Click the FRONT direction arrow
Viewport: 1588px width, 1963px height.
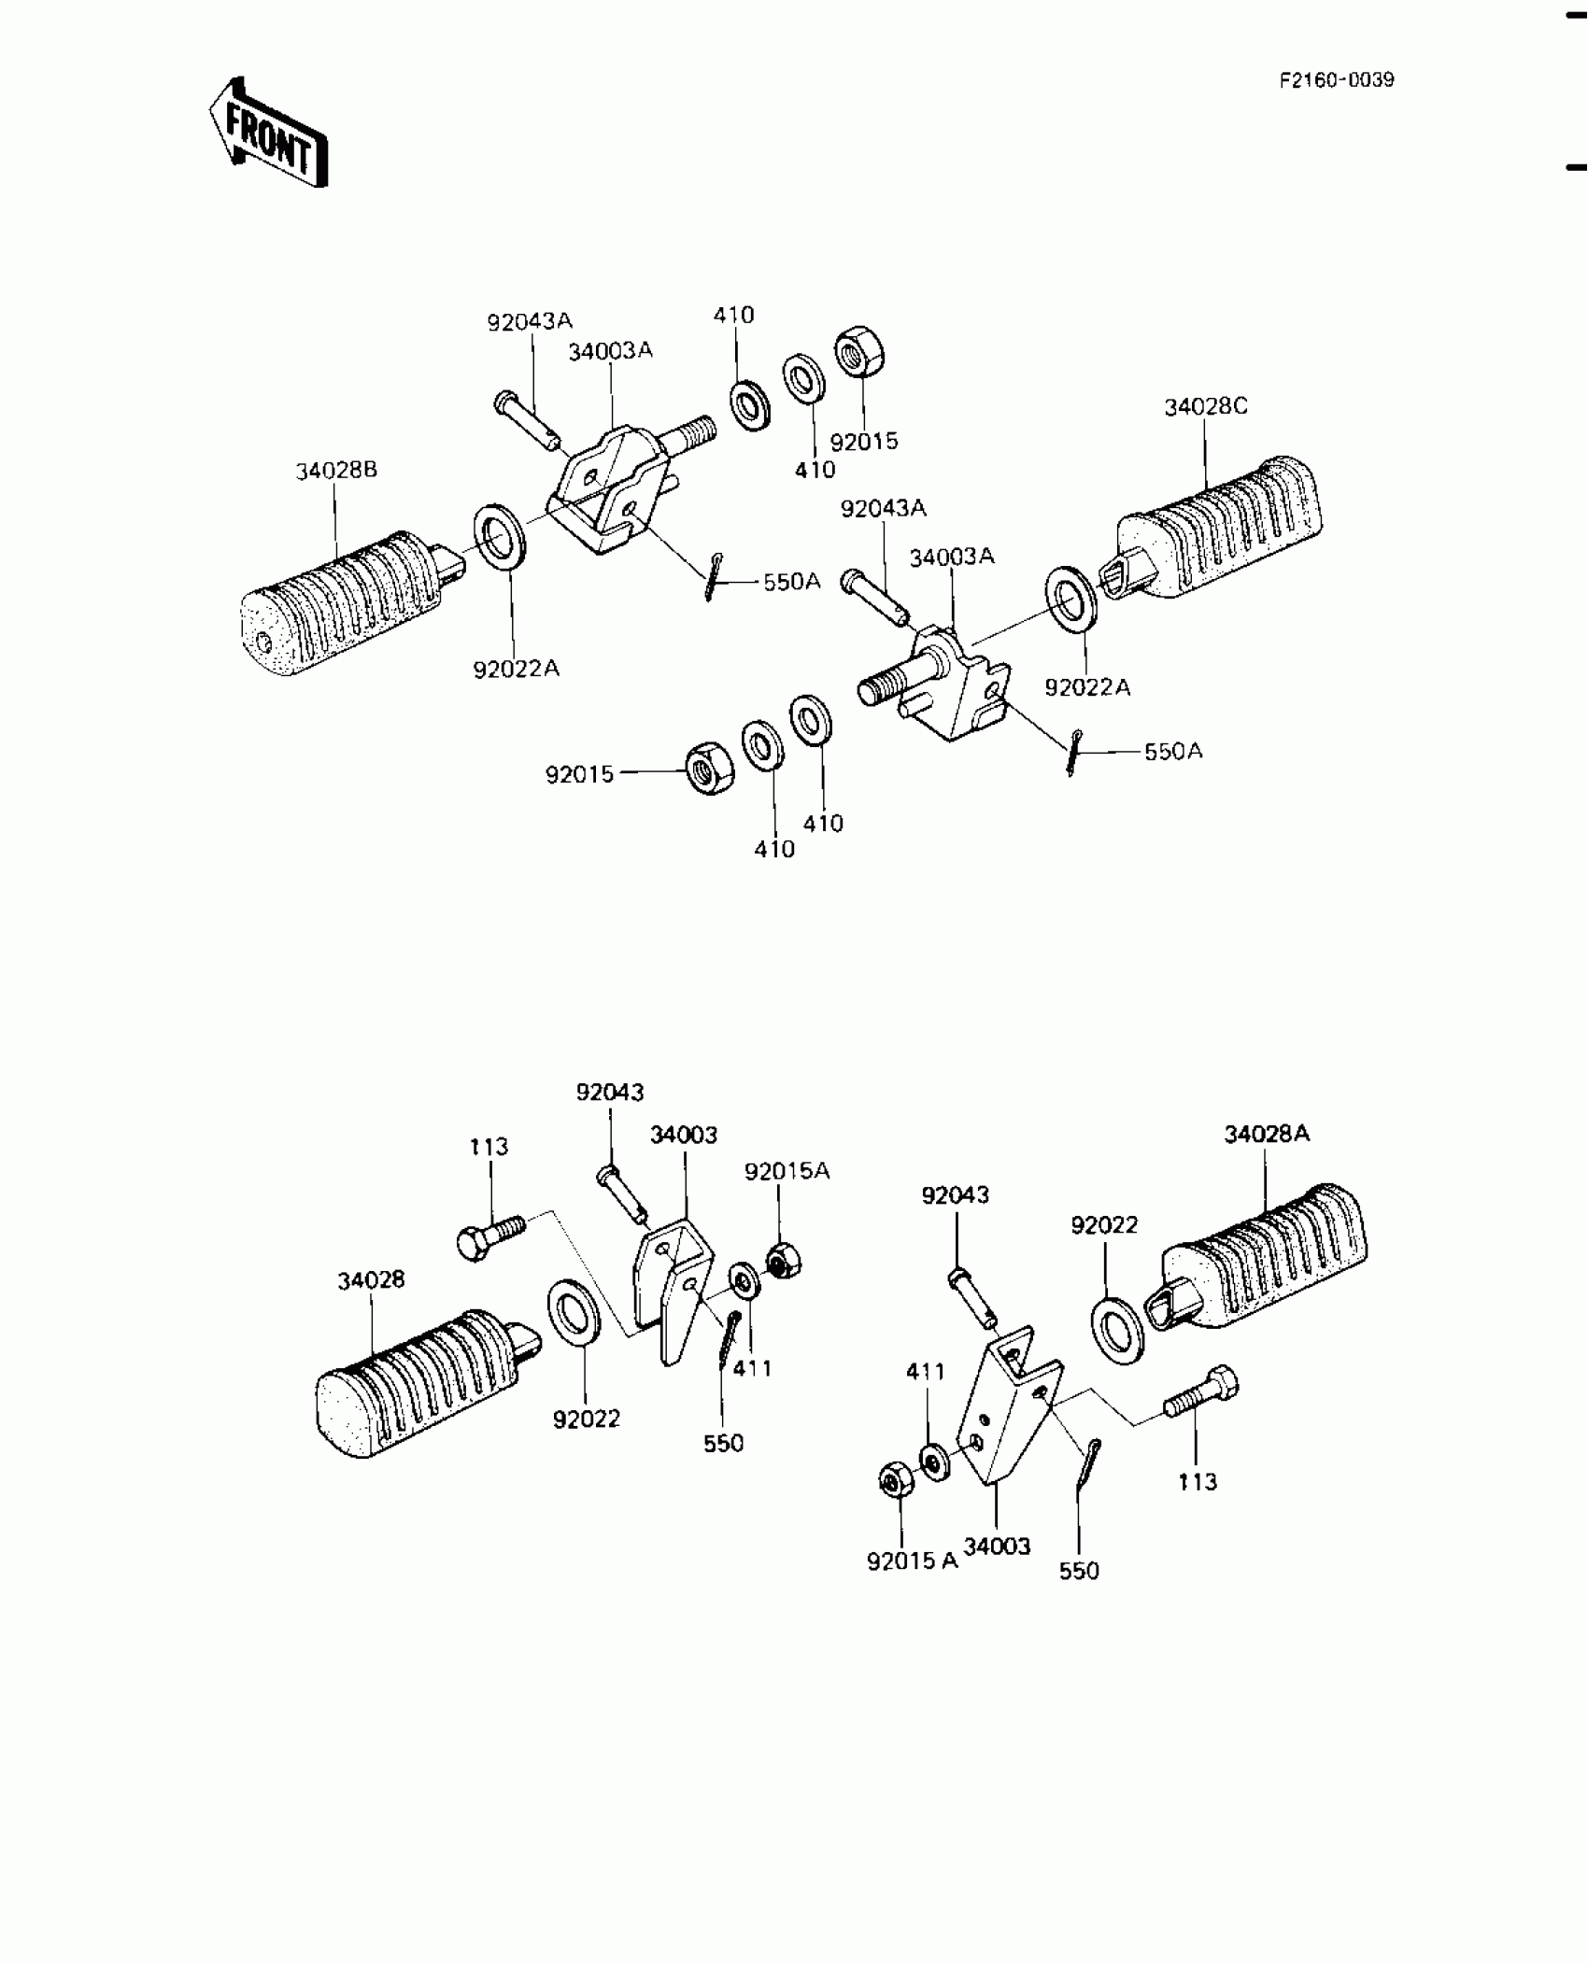click(268, 134)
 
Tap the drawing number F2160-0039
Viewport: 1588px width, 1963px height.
click(1337, 80)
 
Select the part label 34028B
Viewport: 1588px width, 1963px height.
click(336, 471)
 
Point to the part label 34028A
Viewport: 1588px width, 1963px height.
click(1267, 1134)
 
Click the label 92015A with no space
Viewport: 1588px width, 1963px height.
click(787, 1171)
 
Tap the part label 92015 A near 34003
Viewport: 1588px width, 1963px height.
click(912, 1561)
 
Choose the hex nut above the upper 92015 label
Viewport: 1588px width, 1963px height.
click(859, 351)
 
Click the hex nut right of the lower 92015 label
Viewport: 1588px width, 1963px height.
click(709, 770)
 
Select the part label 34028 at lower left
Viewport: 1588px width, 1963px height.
click(371, 1279)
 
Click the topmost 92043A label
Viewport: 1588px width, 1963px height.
click(529, 322)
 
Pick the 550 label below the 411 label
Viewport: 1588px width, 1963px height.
click(723, 1444)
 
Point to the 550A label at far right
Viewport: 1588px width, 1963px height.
click(1173, 751)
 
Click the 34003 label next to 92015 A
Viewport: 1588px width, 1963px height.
click(997, 1546)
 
